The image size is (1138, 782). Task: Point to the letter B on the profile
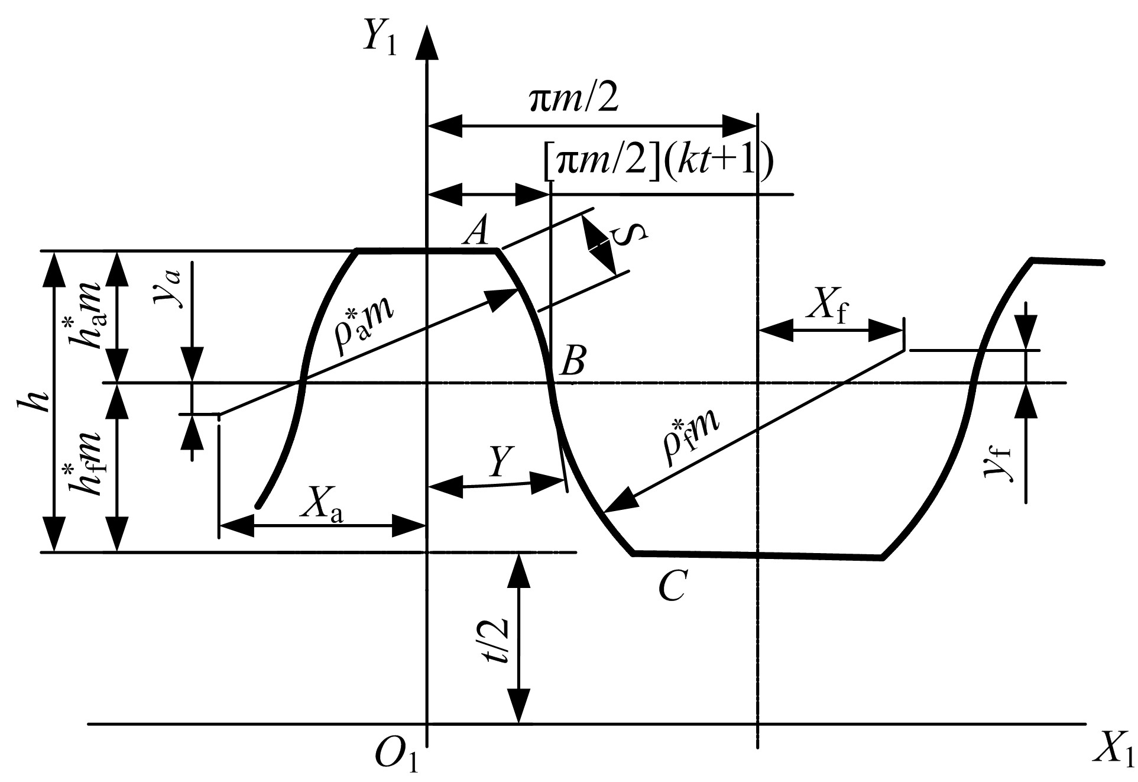(x=572, y=360)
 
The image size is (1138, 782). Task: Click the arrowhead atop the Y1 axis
(x=427, y=43)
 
